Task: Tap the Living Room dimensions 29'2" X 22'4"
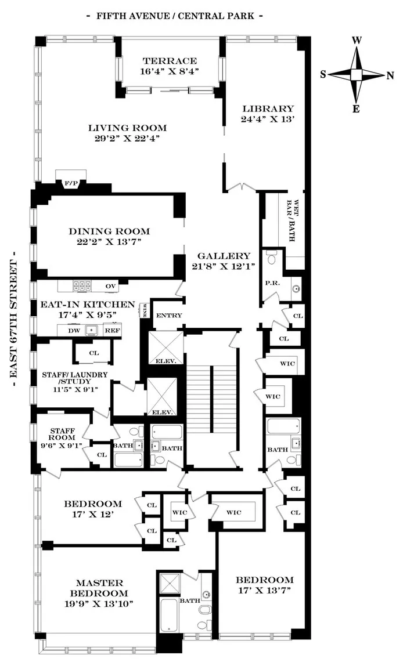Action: coord(127,139)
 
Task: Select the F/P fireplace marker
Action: coord(71,184)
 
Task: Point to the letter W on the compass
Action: coord(358,40)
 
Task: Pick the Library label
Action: coord(268,108)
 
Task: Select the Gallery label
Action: coord(224,256)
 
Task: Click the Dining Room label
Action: coord(109,230)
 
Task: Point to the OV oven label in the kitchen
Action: coord(111,286)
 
